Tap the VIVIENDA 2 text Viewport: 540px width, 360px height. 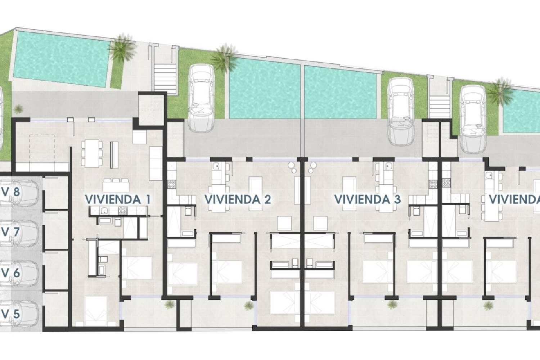coord(238,199)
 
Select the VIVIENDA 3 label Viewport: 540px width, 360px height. coord(367,199)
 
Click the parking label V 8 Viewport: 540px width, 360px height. coord(11,192)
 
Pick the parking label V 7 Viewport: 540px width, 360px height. coord(11,233)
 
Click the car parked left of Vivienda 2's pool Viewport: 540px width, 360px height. coord(202,97)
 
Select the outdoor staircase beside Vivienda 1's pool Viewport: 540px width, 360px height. coord(165,77)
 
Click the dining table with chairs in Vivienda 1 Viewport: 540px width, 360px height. coord(91,153)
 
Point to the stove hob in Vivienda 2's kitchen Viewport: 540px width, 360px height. coord(171,185)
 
